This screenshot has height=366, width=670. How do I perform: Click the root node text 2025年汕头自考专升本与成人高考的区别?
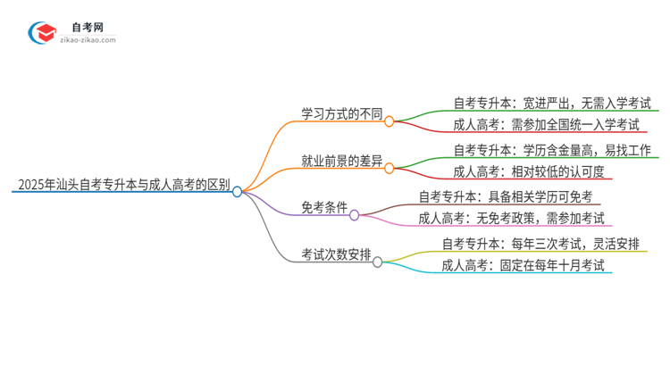[123, 188]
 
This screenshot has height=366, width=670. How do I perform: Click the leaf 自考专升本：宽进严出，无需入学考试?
[553, 102]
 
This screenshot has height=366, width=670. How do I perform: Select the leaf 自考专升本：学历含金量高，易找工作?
[553, 149]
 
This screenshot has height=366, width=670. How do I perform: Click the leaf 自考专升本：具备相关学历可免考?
[507, 196]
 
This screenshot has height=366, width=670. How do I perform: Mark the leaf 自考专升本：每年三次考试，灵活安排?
[540, 243]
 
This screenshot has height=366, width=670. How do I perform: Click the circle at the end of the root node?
[238, 191]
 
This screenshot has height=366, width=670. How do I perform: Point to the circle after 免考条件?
[355, 214]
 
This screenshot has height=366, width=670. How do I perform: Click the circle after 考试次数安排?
[378, 262]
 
